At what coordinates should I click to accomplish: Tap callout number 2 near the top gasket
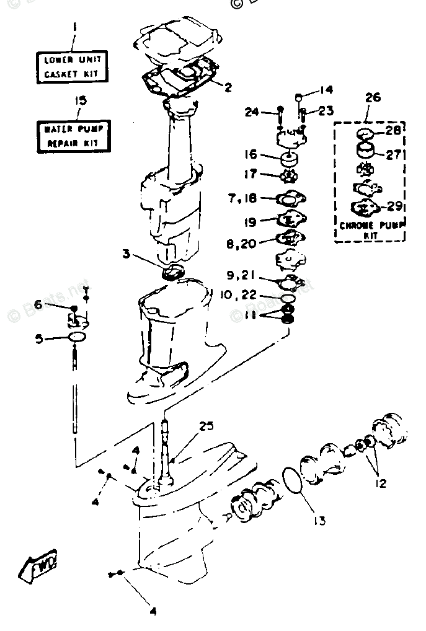228,87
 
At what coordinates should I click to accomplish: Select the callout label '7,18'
242,198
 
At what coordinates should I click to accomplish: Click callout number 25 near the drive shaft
206,426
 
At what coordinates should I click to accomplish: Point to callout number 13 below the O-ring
320,521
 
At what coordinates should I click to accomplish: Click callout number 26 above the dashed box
373,98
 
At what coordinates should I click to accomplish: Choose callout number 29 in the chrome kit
394,206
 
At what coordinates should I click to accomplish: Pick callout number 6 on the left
38,304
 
